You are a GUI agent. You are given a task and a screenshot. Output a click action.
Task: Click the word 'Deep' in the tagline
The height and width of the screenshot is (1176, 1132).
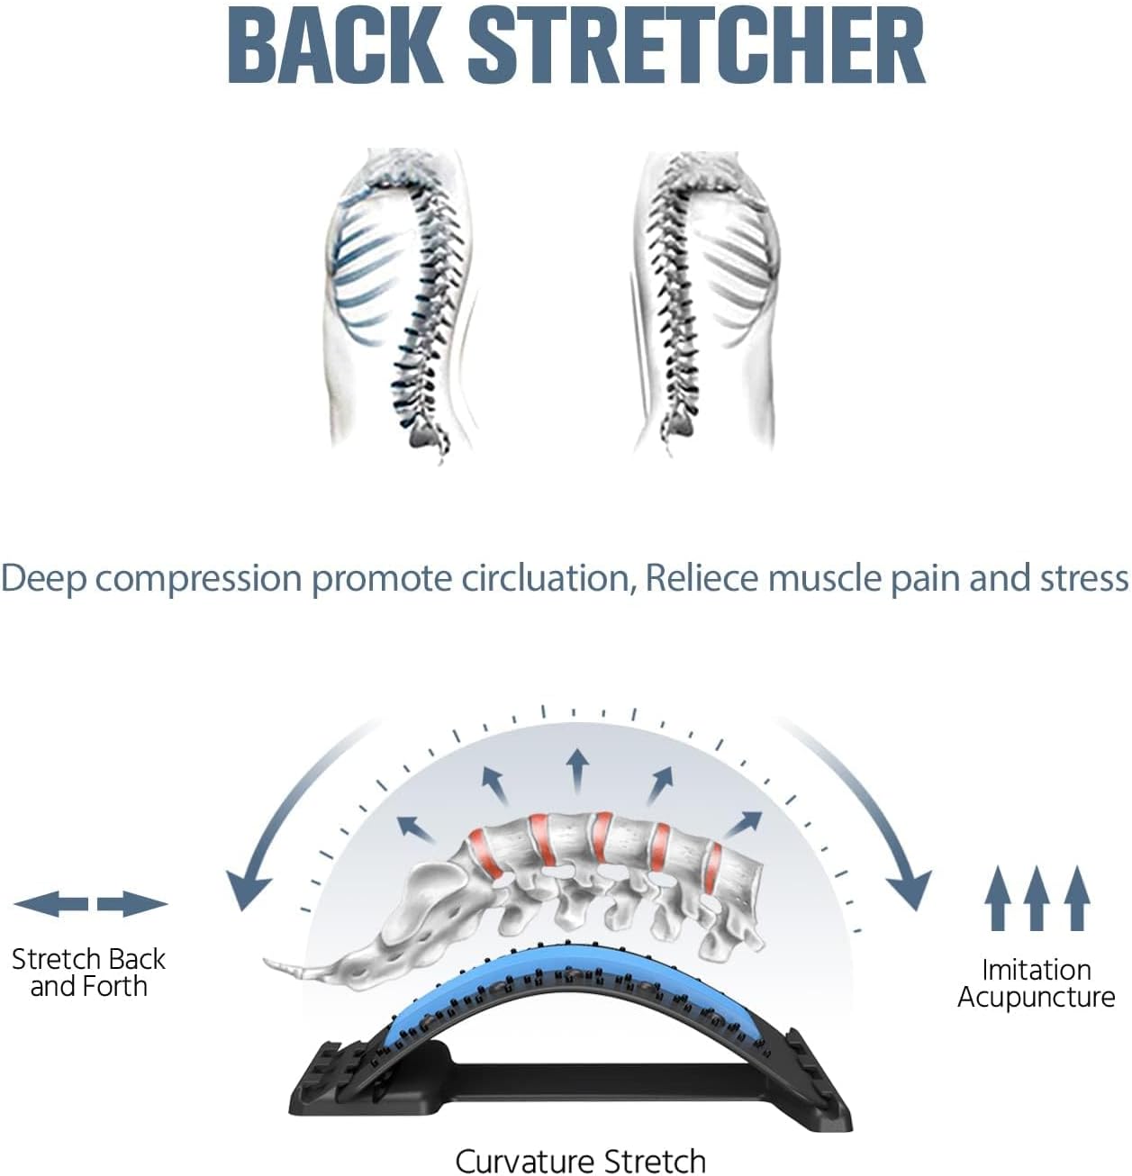[x=43, y=577]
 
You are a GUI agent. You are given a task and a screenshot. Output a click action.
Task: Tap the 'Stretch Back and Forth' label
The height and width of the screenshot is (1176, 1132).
[x=88, y=972]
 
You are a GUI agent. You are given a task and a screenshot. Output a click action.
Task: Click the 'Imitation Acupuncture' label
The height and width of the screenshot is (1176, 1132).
[x=1036, y=983]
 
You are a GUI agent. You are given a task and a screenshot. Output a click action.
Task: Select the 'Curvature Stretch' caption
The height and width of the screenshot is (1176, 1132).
[x=580, y=1160]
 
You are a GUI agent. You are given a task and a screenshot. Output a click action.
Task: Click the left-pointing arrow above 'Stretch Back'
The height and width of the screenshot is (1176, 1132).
[x=50, y=904]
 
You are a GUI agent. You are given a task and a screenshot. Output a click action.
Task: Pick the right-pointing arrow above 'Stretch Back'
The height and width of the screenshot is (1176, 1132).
[x=132, y=904]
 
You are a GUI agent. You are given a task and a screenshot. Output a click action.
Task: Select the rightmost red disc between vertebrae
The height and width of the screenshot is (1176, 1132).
[x=712, y=869]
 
